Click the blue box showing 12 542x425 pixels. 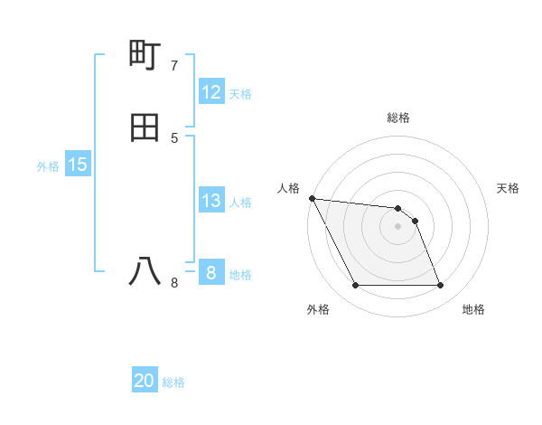click(211, 92)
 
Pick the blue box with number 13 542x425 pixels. click(211, 201)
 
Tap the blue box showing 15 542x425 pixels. click(78, 165)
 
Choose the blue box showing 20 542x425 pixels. click(145, 381)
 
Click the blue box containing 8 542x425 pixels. click(210, 272)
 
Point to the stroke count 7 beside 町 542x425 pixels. click(174, 66)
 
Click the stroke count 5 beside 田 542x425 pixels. click(174, 138)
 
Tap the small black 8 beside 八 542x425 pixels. click(174, 283)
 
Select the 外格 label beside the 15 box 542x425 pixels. click(48, 166)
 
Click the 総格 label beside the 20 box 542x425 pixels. click(173, 382)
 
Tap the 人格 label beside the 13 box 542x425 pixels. click(241, 203)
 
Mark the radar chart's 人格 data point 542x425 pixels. click(312, 198)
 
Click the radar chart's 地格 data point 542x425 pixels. click(440, 286)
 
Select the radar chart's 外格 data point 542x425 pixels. click(356, 286)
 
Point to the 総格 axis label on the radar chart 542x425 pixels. click(398, 118)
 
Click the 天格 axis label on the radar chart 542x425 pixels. click(508, 188)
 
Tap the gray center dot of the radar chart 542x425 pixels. click(398, 226)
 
